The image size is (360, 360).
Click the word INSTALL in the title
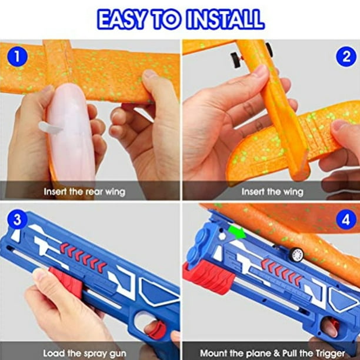[225, 19]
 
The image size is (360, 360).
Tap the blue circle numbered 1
[17, 56]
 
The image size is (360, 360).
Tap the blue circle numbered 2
[346, 56]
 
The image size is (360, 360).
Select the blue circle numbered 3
[17, 219]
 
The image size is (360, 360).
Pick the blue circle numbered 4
[346, 219]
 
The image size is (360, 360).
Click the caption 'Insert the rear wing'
[85, 192]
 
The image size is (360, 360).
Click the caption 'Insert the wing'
[272, 192]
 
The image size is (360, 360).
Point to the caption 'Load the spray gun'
[85, 353]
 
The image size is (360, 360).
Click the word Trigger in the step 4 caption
[330, 353]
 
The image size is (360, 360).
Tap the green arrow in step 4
[237, 231]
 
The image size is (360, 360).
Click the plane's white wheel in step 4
[296, 254]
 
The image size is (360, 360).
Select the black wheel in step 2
[235, 60]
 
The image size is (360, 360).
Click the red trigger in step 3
[158, 329]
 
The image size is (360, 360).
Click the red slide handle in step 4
[208, 277]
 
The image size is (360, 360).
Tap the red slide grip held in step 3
[65, 283]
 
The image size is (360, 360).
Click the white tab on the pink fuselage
[50, 128]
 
